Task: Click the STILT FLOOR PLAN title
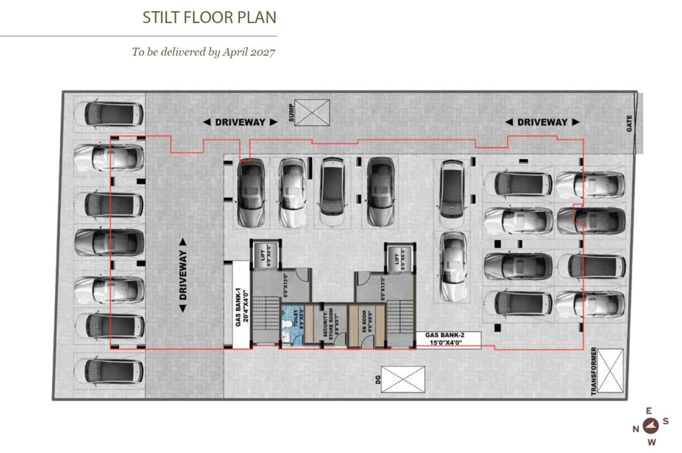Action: (x=209, y=18)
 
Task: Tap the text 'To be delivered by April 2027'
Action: (x=203, y=52)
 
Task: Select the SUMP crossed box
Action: (x=312, y=112)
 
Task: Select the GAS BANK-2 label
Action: (x=448, y=340)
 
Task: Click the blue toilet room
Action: (x=290, y=324)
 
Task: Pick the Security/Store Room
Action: (x=327, y=325)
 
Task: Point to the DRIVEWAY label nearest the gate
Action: (x=542, y=122)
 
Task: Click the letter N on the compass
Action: (x=636, y=430)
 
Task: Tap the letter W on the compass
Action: (x=652, y=442)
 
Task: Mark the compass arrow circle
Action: (x=651, y=423)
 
